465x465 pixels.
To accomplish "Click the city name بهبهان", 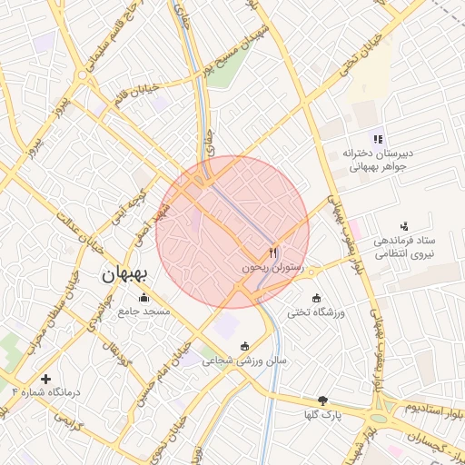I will [127, 272].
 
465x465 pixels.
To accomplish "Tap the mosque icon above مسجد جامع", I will [143, 296].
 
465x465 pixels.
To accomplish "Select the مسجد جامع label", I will [143, 312].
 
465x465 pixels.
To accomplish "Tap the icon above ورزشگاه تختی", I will [316, 298].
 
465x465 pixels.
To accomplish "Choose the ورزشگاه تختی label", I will [317, 312].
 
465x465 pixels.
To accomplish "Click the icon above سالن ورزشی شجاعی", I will [244, 346].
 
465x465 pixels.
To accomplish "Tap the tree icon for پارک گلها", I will [322, 401].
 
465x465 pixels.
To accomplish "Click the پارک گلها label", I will [323, 415].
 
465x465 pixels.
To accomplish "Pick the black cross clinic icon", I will [46, 378].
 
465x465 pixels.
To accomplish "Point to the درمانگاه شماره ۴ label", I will [46, 392].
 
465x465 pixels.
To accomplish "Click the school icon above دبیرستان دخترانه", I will [378, 138].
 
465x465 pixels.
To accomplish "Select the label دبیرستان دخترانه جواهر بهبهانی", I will [378, 161].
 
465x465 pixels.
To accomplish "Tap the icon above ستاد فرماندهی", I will [404, 226].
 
